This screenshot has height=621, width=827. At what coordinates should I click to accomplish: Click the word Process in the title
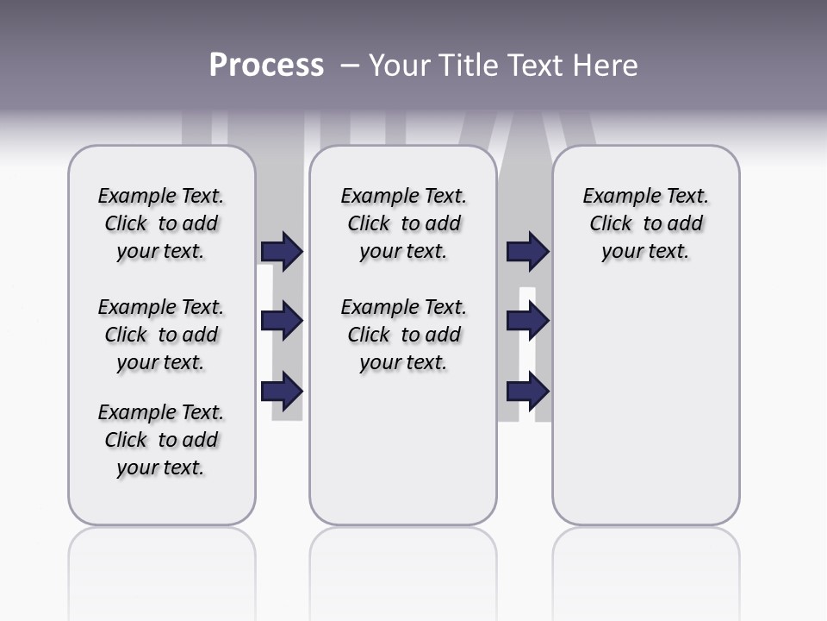click(266, 66)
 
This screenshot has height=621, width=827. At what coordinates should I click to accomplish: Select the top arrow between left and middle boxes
click(282, 252)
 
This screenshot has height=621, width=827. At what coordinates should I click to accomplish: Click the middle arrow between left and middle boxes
click(282, 321)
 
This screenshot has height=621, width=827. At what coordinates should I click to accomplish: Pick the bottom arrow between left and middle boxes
click(282, 391)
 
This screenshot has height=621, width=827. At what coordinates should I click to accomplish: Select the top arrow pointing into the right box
click(527, 252)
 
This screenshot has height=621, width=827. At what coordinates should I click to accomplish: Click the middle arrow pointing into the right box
click(527, 321)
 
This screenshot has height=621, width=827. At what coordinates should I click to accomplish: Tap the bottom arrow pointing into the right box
click(527, 391)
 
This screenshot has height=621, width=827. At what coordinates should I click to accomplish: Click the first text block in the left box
click(161, 223)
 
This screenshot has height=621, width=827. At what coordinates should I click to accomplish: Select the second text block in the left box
click(161, 335)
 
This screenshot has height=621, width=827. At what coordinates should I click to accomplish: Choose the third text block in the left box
click(161, 440)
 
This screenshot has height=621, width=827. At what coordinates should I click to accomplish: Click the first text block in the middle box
click(403, 223)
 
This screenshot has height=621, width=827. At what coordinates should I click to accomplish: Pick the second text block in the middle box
click(403, 335)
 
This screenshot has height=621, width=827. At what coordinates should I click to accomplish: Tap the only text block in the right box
click(645, 223)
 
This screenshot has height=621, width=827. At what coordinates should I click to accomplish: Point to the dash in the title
click(350, 66)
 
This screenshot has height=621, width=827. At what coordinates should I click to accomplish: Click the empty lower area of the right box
click(645, 414)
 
